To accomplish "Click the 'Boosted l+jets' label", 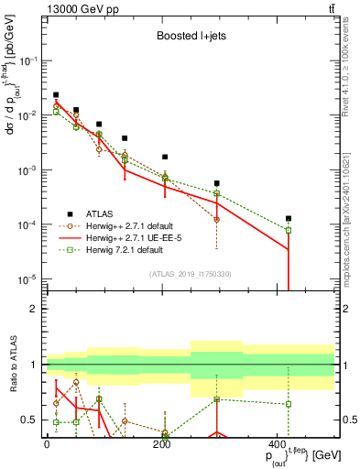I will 188,38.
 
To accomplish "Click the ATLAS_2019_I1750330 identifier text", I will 189,274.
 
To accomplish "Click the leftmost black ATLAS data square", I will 56,94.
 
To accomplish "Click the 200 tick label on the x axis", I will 163,443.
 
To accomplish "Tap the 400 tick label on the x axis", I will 278,443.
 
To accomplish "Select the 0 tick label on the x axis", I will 48,443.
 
